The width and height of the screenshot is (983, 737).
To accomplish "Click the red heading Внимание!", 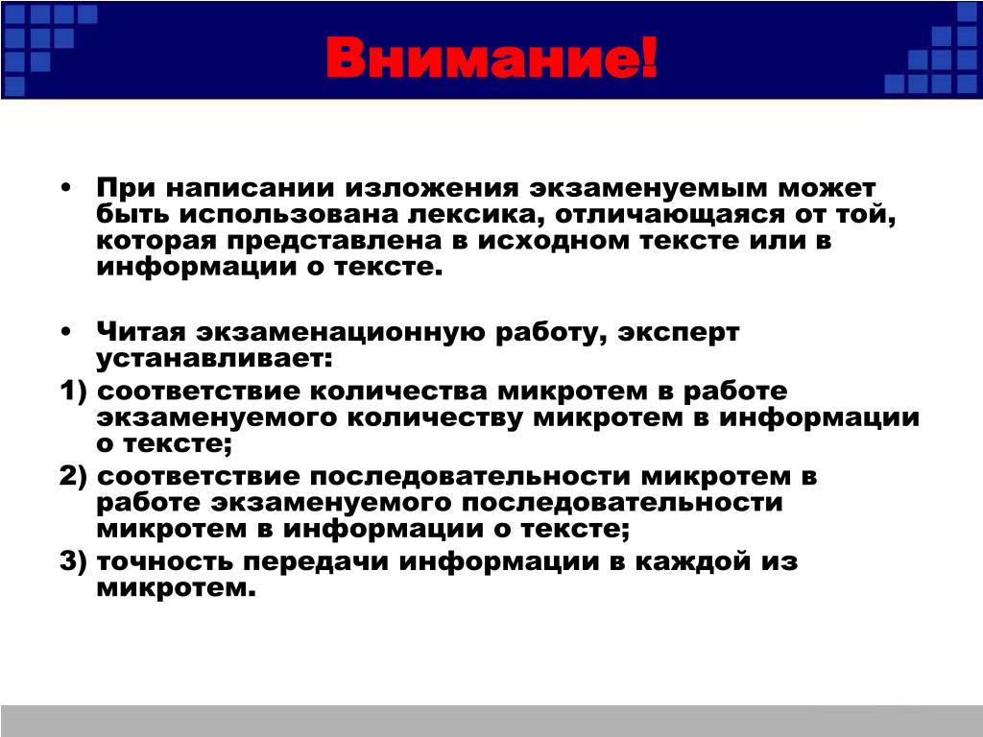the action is [491, 57].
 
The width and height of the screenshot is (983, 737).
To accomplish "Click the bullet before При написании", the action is [66, 187].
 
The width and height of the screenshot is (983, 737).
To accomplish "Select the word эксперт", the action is [679, 333].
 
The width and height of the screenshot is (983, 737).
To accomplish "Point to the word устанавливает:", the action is [214, 359].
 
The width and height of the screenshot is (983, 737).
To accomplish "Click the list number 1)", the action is [73, 392].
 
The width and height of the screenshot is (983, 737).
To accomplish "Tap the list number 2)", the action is [73, 476].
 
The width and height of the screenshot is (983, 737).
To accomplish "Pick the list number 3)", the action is [73, 560].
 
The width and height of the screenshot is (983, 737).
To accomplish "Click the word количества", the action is [398, 392].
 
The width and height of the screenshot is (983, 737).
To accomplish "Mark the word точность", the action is [165, 560].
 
